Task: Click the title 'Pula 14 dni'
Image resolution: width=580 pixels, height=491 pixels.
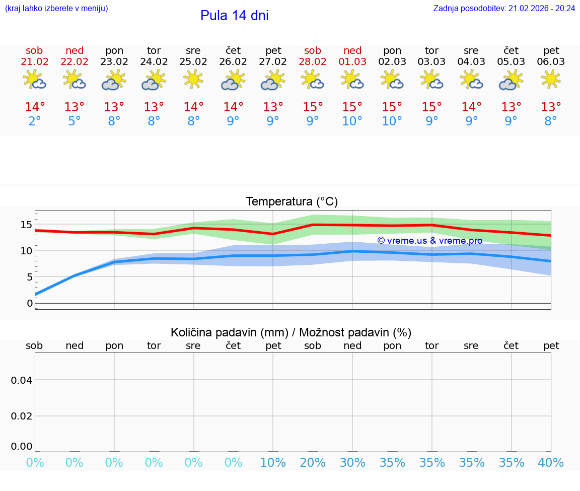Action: (x=234, y=16)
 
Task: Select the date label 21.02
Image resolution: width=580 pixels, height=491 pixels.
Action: (x=34, y=62)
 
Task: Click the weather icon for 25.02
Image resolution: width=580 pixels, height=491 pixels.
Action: (x=193, y=80)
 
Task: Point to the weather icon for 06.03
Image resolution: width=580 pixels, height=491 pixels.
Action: (x=551, y=80)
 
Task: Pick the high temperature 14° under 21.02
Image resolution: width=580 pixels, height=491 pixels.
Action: (x=34, y=107)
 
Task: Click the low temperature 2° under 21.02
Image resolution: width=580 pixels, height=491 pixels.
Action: (x=34, y=121)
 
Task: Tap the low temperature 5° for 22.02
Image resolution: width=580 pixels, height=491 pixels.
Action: (x=74, y=121)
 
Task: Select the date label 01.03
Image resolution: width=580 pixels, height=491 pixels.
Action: (x=352, y=62)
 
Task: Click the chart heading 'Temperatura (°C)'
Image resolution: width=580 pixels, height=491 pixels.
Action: (x=292, y=202)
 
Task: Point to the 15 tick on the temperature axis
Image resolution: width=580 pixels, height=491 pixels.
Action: (x=26, y=225)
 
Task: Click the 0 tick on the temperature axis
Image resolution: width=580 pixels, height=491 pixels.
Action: (x=30, y=303)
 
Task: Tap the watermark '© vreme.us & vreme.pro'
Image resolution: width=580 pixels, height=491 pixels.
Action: (x=429, y=241)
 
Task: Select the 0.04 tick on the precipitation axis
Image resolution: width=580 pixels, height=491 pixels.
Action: (x=22, y=380)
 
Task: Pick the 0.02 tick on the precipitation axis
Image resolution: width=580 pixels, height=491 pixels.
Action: (x=22, y=416)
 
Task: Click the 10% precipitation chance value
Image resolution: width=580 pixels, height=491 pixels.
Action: (x=273, y=463)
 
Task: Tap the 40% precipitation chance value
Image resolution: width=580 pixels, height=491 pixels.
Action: (x=551, y=463)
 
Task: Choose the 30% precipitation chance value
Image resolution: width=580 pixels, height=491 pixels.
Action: (x=352, y=463)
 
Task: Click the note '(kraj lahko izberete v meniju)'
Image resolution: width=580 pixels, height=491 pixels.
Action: (x=56, y=9)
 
